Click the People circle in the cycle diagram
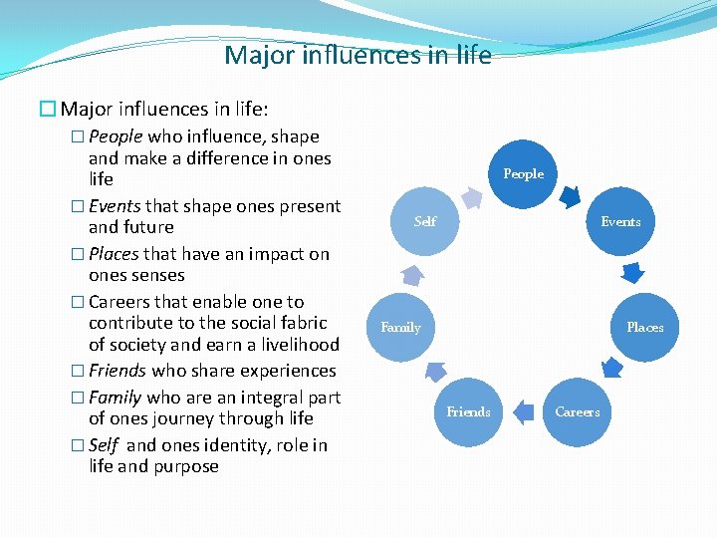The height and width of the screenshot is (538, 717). (523, 174)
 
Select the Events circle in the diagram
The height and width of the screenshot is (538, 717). (620, 221)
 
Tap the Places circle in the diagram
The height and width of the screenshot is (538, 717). (644, 327)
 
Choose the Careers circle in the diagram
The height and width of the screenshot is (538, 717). (578, 411)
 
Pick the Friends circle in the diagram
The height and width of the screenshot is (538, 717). (468, 411)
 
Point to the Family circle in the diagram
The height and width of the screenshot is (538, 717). (401, 327)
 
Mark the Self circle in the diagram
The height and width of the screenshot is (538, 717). (425, 221)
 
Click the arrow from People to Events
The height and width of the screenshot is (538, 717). (571, 196)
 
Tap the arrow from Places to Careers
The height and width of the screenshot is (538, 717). (612, 369)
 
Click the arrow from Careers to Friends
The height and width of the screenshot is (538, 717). (522, 409)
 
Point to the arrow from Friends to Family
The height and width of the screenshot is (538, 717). (434, 373)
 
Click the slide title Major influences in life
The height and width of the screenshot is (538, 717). (358, 55)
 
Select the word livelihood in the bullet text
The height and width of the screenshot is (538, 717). (294, 345)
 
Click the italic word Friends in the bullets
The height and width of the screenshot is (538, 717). (117, 371)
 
